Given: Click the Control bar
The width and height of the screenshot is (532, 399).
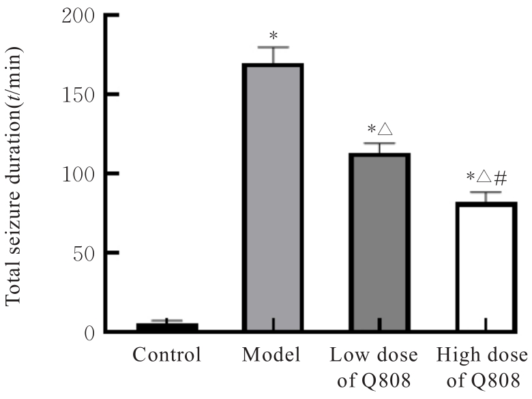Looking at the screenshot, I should click(x=167, y=327).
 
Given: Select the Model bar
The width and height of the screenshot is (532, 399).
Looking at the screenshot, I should click(x=273, y=198).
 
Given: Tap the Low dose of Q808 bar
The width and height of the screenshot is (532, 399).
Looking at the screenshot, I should click(x=379, y=242).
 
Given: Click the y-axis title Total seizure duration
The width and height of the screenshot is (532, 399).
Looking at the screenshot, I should click(x=15, y=177).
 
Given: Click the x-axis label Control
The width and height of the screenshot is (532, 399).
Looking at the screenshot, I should click(x=167, y=355).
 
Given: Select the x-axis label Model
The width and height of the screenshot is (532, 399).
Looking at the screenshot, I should click(x=273, y=355).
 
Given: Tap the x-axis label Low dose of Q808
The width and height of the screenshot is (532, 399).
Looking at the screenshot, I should click(x=379, y=367).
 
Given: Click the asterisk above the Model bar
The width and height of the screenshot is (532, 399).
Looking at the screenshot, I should click(x=273, y=35).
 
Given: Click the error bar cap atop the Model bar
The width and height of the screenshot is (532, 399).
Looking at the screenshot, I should click(x=273, y=48).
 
